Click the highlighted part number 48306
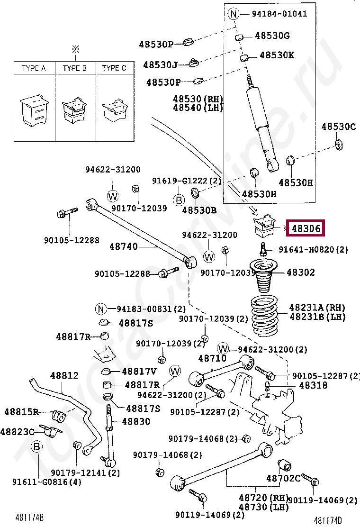[x=306, y=228]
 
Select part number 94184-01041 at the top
[x=279, y=14]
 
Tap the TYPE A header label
[x=34, y=68]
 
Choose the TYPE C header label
[x=114, y=68]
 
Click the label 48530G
[x=272, y=36]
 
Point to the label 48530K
[x=277, y=55]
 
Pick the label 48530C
[x=338, y=127]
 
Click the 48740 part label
[x=124, y=246]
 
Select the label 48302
[x=300, y=273]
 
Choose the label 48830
[x=136, y=421]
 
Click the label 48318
[x=313, y=386]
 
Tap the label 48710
[x=212, y=359]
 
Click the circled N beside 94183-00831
[x=100, y=309]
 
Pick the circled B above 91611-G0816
[x=36, y=446]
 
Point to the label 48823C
[x=17, y=432]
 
